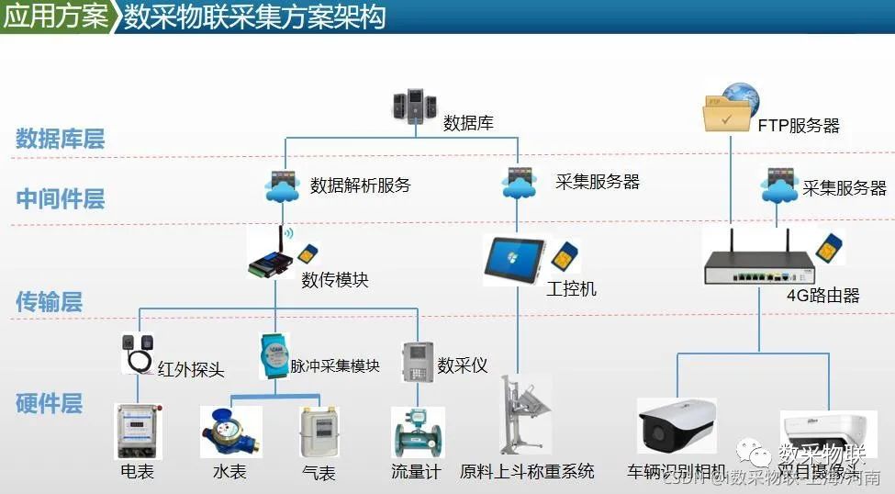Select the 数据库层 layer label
click(x=61, y=139)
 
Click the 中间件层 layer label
click(x=61, y=198)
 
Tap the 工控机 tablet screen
click(x=514, y=259)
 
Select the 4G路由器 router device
click(x=758, y=268)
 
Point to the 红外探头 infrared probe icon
click(x=140, y=354)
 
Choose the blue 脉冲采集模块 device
click(x=273, y=355)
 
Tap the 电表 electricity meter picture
click(x=138, y=430)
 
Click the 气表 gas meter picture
click(x=319, y=432)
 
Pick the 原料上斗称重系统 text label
click(x=527, y=472)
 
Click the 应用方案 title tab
click(x=55, y=17)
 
